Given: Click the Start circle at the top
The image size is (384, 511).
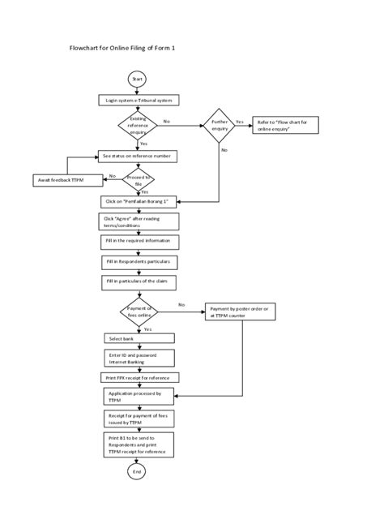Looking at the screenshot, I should point(137,79).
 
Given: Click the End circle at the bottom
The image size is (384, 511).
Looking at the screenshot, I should point(138,470).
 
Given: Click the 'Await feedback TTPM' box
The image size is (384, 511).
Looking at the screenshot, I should point(67,179).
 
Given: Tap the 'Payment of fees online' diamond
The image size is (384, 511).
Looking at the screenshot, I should point(139,311).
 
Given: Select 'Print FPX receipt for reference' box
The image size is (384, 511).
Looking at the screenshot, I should point(139,377).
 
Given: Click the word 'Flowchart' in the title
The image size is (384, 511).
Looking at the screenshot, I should point(87,49).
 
